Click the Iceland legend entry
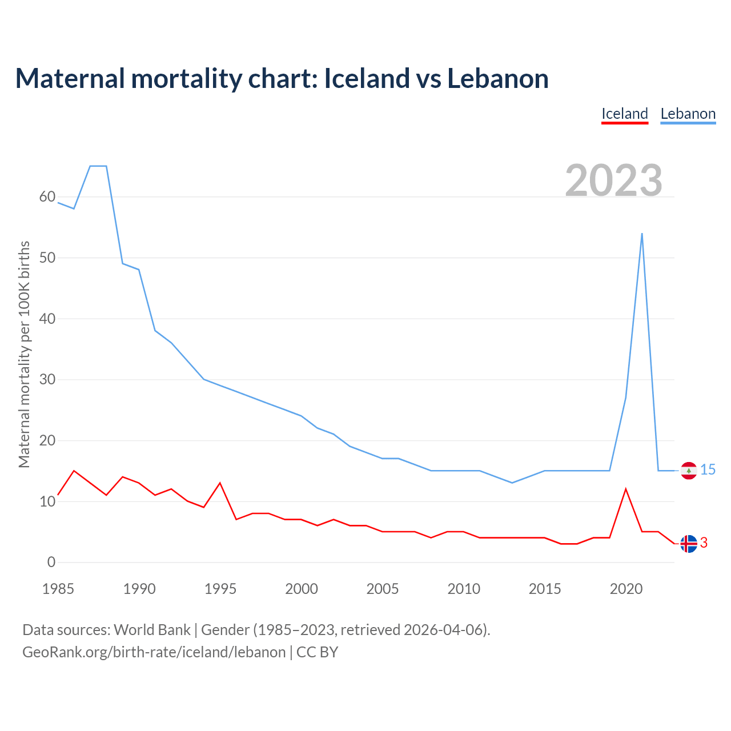point(625,114)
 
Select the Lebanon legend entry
point(688,114)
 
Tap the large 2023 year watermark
point(614,180)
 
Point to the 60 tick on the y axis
point(47,197)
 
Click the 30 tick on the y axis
point(47,380)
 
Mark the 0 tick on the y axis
point(51,563)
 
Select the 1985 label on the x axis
point(58,589)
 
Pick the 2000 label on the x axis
point(302,589)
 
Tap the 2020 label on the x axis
point(626,589)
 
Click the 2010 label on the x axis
point(464,589)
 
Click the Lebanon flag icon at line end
point(689,471)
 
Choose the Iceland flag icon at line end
point(689,544)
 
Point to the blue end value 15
point(708,470)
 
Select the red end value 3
point(704,543)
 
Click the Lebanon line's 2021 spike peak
point(642,234)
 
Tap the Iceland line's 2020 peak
point(626,489)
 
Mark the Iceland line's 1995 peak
point(220,483)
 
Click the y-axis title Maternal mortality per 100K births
point(24,354)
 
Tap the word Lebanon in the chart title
point(498,78)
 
